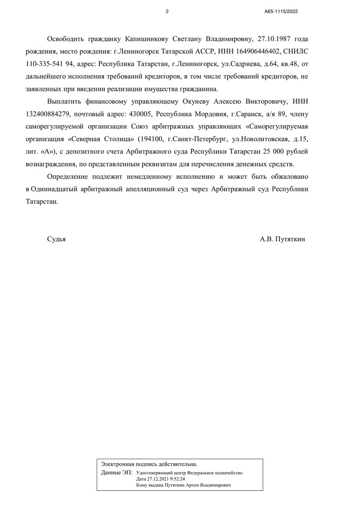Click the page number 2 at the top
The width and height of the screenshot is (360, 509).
(167, 12)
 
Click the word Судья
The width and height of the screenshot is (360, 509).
(56, 239)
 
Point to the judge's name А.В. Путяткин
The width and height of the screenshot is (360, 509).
(282, 239)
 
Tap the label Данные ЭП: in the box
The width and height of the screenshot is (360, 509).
(117, 473)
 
